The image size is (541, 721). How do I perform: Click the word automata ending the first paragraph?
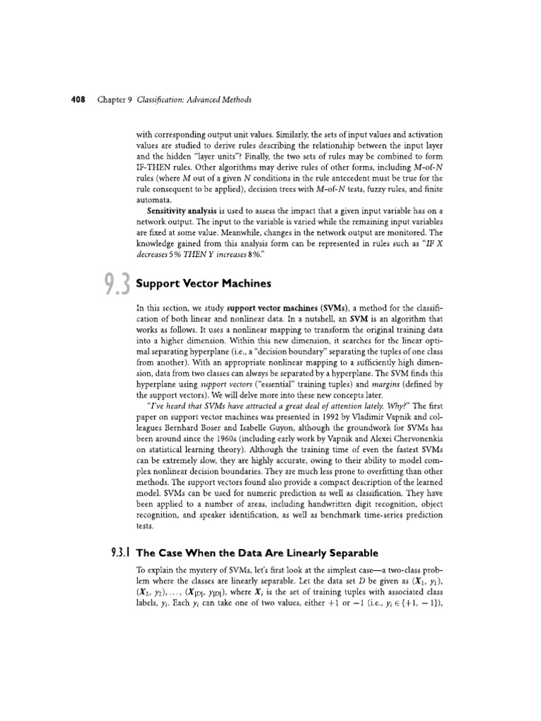pos(161,199)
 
